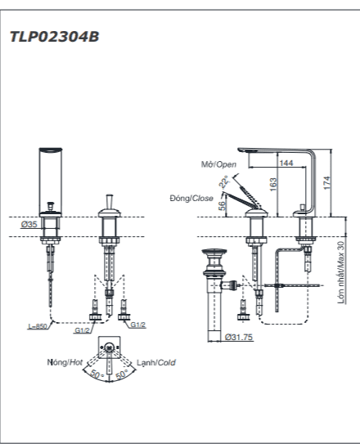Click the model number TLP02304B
pos(54,37)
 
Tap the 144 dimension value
pos(286,163)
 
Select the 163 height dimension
pos(273,184)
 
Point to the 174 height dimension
pos(328,182)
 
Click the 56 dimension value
pos(222,206)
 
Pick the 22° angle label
pos(224,182)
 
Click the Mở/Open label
pos(218,164)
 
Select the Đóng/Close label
pos(191,198)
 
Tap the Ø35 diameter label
pos(29,224)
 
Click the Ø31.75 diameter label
pos(239,337)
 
